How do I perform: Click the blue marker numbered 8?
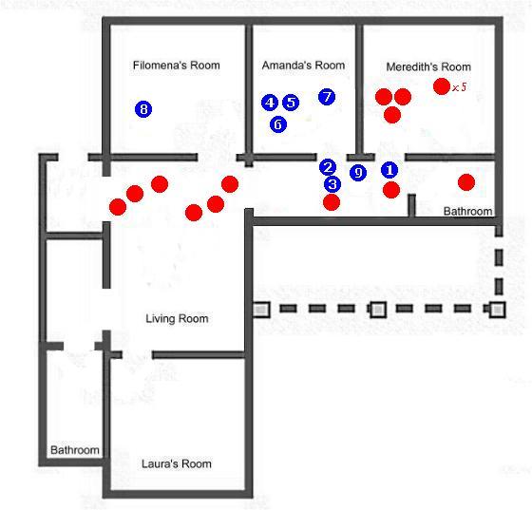tap(143, 109)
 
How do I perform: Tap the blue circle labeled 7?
tap(327, 97)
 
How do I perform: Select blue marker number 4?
tap(270, 103)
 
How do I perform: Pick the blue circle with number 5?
tap(291, 103)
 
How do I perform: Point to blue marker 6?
tap(278, 124)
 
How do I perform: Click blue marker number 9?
tap(358, 173)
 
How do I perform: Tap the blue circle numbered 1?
tap(389, 170)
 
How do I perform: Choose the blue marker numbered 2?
tap(328, 167)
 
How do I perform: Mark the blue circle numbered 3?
tap(332, 184)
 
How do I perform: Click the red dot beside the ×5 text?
tap(442, 86)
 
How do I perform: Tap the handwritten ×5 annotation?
tap(460, 87)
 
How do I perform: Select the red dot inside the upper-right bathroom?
tap(466, 182)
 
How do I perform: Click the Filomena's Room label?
tap(177, 66)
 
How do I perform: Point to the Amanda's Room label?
tap(303, 66)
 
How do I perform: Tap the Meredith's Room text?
tap(428, 66)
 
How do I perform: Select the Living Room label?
tap(177, 319)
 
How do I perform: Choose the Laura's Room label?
tap(177, 463)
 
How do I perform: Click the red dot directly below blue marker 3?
tap(332, 202)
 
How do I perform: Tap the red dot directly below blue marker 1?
tap(391, 190)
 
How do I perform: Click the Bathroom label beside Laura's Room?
tap(75, 450)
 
